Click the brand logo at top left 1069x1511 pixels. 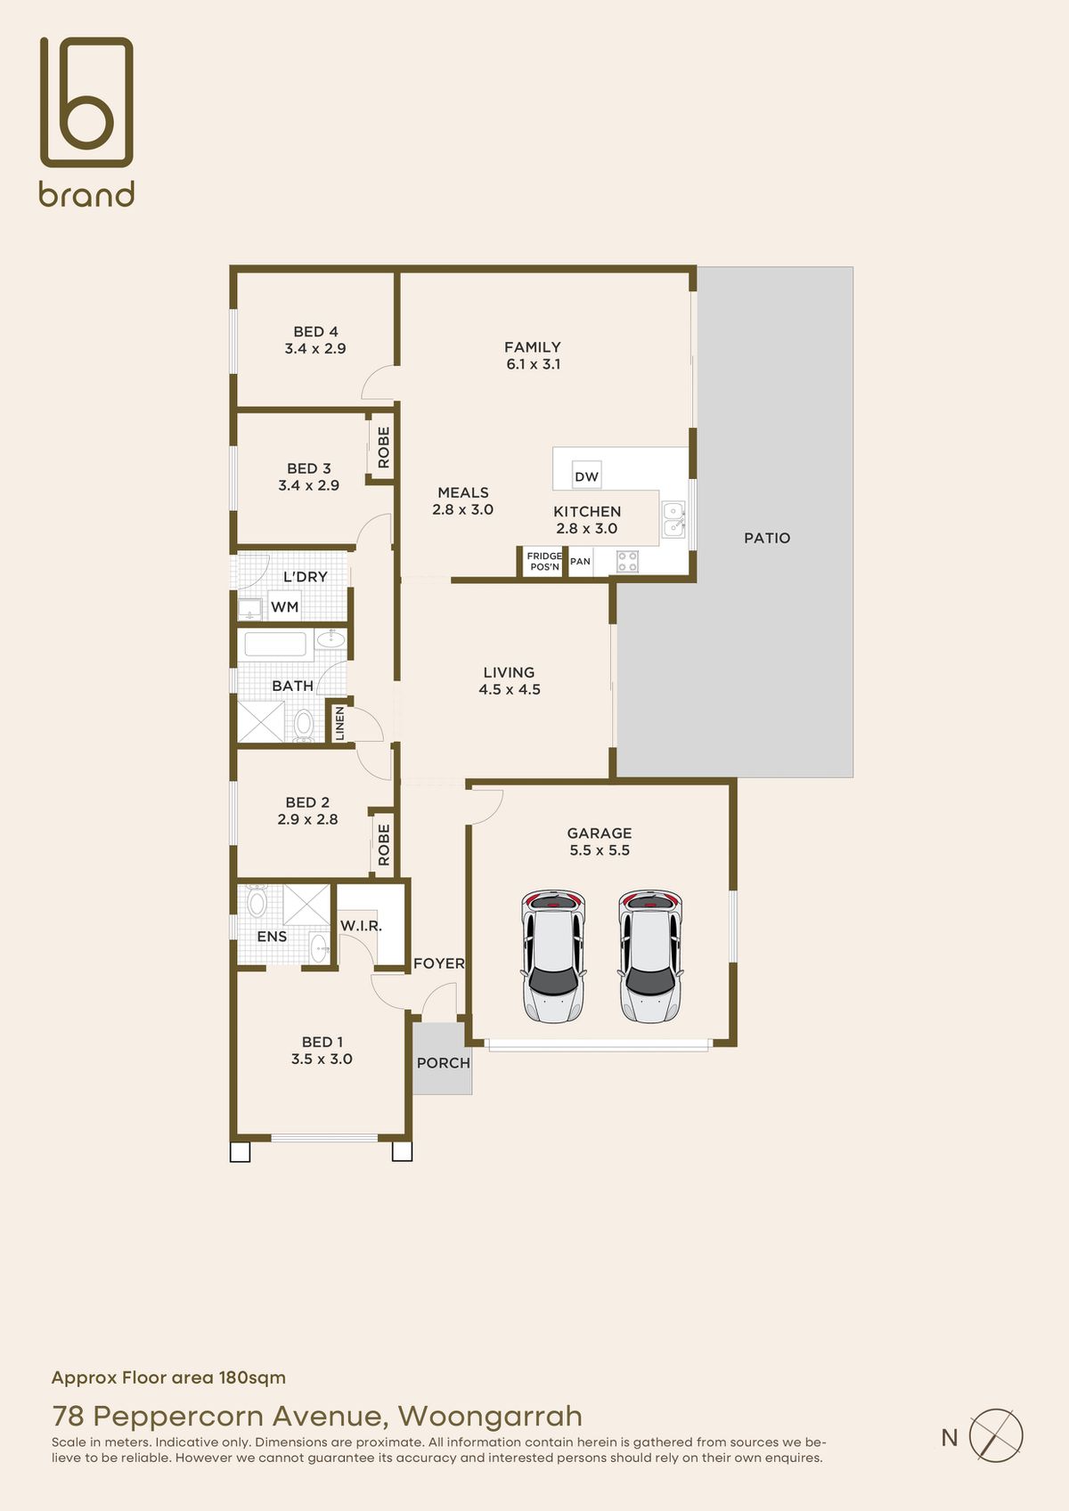coord(86,121)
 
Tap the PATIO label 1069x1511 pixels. coord(767,538)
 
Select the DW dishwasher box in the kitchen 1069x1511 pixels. coord(586,476)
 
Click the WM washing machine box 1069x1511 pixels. coord(285,606)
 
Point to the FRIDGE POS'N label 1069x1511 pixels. coord(544,561)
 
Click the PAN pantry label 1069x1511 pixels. coord(581,561)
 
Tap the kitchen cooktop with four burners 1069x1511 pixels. coord(628,561)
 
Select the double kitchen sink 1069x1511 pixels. coord(673,519)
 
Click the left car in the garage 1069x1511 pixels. coord(553,956)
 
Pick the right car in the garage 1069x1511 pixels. coord(650,956)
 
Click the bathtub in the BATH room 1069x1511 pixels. coord(275,644)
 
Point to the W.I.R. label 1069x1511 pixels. coord(361,925)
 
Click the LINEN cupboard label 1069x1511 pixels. coord(339,723)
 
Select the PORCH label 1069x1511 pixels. coord(444,1062)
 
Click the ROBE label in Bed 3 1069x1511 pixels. coord(383,447)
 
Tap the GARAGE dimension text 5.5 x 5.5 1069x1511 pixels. coord(600,850)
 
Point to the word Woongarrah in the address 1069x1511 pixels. coord(490,1416)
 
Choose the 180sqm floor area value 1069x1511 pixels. coord(252,1377)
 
